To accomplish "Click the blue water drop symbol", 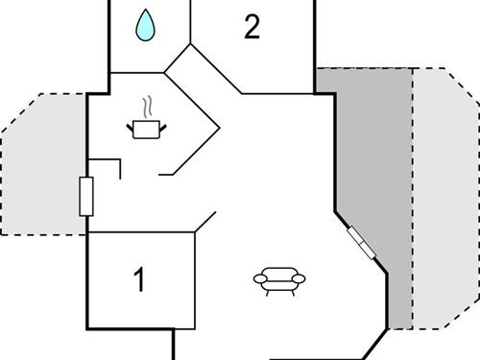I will [145, 26].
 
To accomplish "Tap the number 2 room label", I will [252, 27].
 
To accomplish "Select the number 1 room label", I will [140, 281].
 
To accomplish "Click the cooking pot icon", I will [146, 128].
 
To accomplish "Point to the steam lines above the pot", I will [146, 105].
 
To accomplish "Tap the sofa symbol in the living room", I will [278, 278].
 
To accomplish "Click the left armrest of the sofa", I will [259, 278].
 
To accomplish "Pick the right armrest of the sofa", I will [298, 278].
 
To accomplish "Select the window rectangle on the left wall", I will [84, 197].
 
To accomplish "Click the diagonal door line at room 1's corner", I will [204, 223].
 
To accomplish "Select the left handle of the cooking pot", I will [130, 125].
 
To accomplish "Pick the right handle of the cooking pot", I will [162, 125].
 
